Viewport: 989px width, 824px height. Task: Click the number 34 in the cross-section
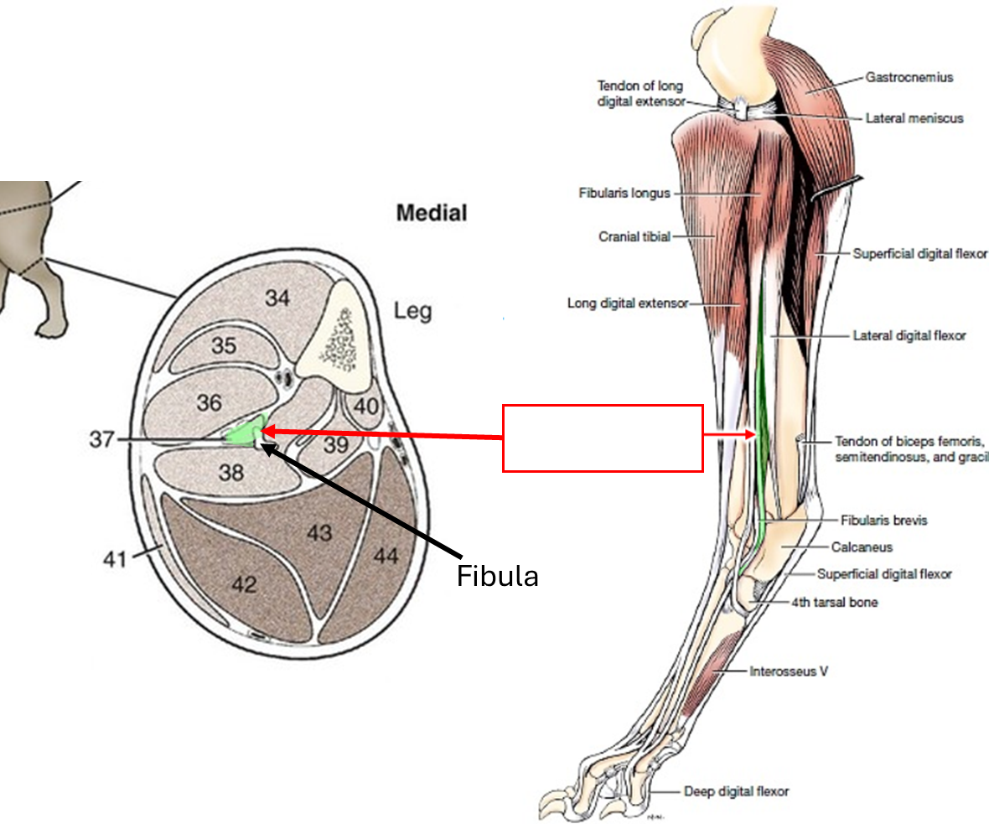point(277,297)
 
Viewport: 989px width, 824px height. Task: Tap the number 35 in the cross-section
point(224,346)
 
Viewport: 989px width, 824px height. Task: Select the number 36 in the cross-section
point(210,402)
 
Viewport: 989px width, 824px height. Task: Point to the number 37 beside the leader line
point(101,439)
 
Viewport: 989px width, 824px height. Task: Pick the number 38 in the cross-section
point(231,472)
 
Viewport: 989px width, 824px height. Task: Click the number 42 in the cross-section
point(245,583)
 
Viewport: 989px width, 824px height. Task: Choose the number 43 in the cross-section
point(319,532)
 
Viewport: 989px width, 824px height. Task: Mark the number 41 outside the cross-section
point(114,557)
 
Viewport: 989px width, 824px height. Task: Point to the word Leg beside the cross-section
point(413,312)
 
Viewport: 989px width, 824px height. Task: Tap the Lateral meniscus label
point(914,118)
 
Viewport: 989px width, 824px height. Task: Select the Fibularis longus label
point(624,194)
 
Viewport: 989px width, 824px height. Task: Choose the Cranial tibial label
point(634,237)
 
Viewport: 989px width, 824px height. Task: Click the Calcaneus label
point(862,547)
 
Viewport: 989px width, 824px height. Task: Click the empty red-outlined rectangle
point(603,438)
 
